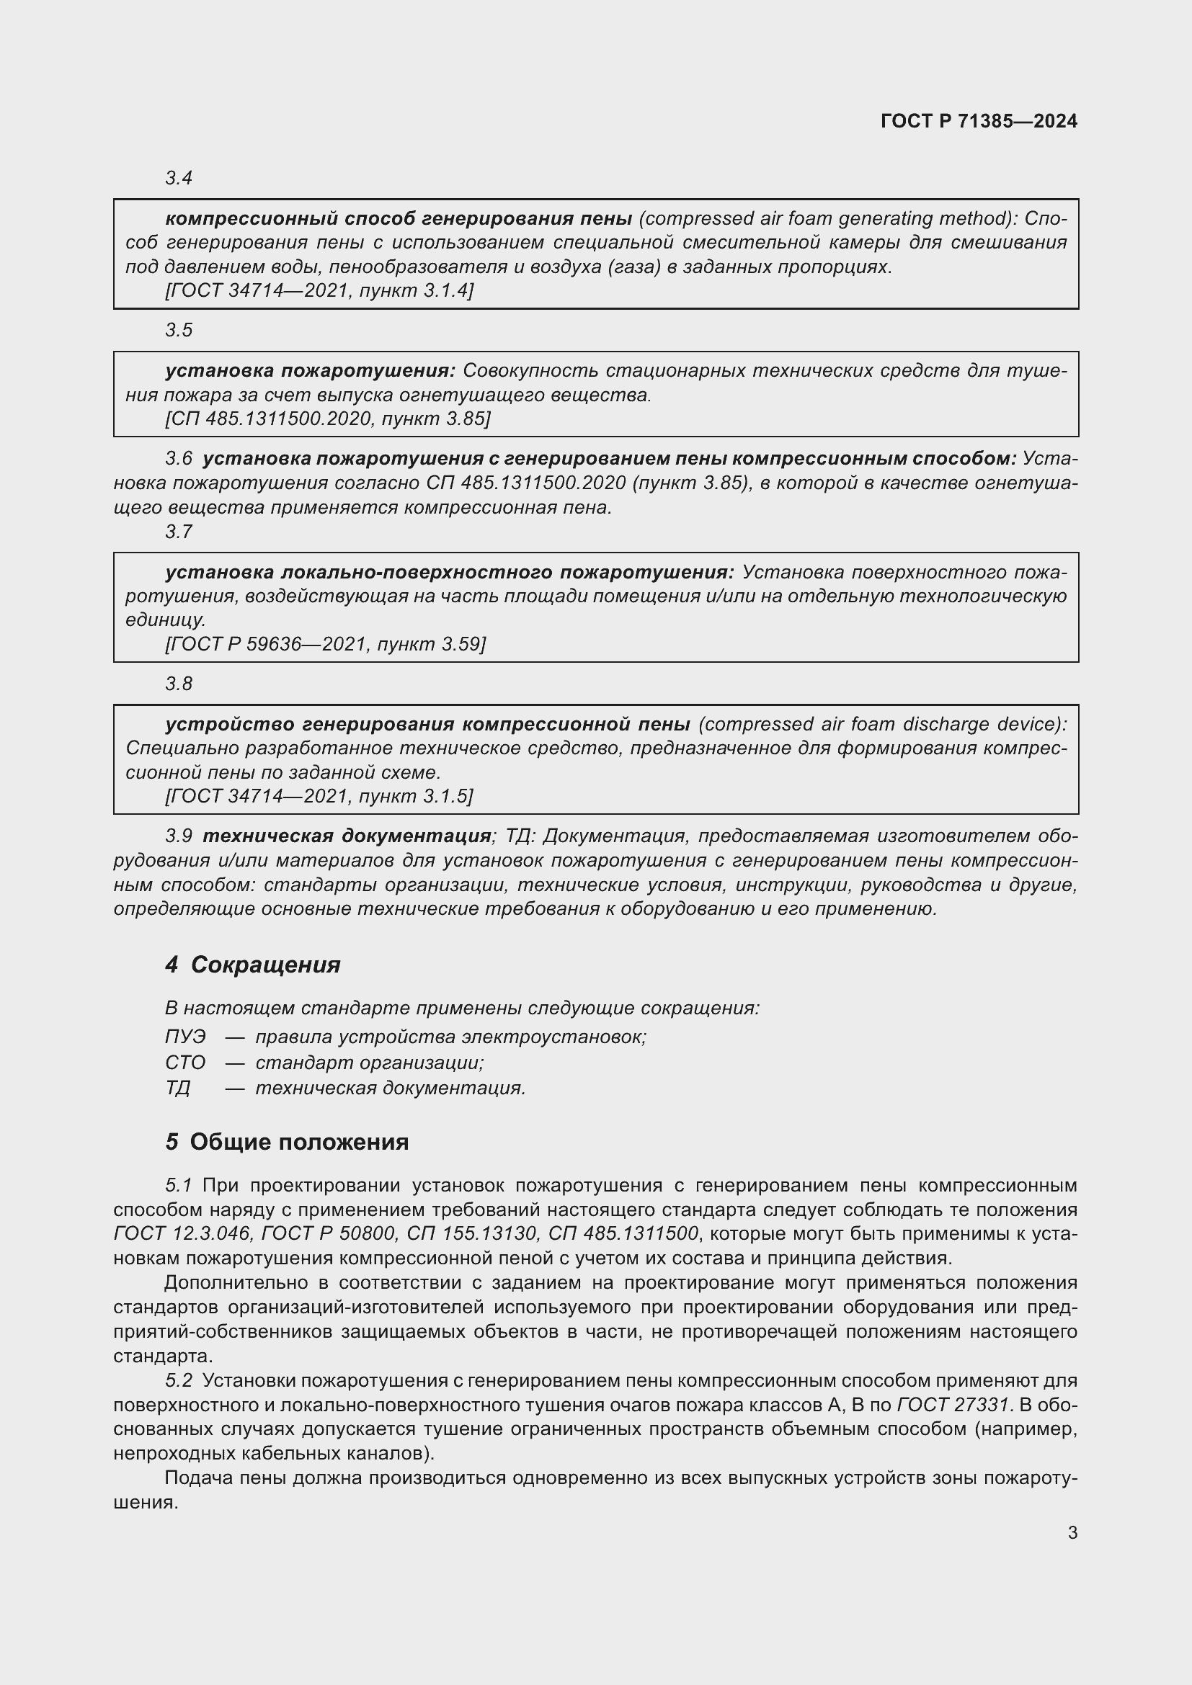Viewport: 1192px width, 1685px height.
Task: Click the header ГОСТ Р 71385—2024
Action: pos(979,121)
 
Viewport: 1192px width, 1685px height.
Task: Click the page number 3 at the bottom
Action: pos(1072,1533)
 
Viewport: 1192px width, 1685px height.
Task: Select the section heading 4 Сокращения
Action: pos(253,965)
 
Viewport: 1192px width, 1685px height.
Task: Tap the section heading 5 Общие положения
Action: pos(287,1142)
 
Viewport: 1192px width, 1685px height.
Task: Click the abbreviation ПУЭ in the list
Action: pos(185,1037)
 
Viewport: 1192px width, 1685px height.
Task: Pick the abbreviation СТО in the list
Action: pos(185,1063)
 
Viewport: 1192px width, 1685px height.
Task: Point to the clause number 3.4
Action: pos(178,179)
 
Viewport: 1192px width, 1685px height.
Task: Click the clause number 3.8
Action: pos(178,684)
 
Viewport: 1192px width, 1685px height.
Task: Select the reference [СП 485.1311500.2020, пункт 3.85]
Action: pos(328,419)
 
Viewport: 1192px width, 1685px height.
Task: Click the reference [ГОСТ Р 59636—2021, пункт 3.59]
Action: pos(325,644)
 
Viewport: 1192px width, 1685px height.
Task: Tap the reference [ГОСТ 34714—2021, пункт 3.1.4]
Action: pos(319,290)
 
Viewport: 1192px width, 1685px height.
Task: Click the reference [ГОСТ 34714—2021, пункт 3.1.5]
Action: pos(319,796)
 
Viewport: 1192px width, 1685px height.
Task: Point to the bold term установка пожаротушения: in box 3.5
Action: pos(310,370)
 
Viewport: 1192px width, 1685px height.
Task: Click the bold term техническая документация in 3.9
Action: pos(347,836)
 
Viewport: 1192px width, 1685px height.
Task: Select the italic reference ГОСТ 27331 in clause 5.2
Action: pos(954,1405)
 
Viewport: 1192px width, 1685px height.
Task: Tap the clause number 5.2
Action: pos(178,1380)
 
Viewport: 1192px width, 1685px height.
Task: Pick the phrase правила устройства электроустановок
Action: pos(450,1037)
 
